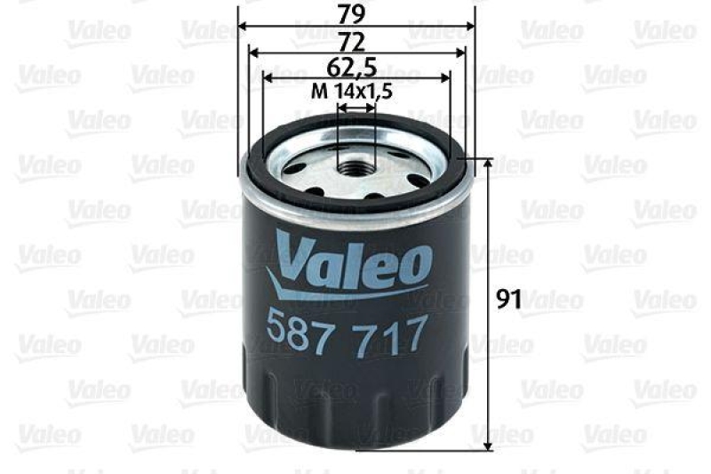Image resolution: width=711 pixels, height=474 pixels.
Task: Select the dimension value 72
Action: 356,40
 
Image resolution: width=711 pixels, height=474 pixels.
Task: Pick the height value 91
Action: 507,301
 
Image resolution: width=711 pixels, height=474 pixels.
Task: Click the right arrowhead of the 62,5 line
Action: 449,77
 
